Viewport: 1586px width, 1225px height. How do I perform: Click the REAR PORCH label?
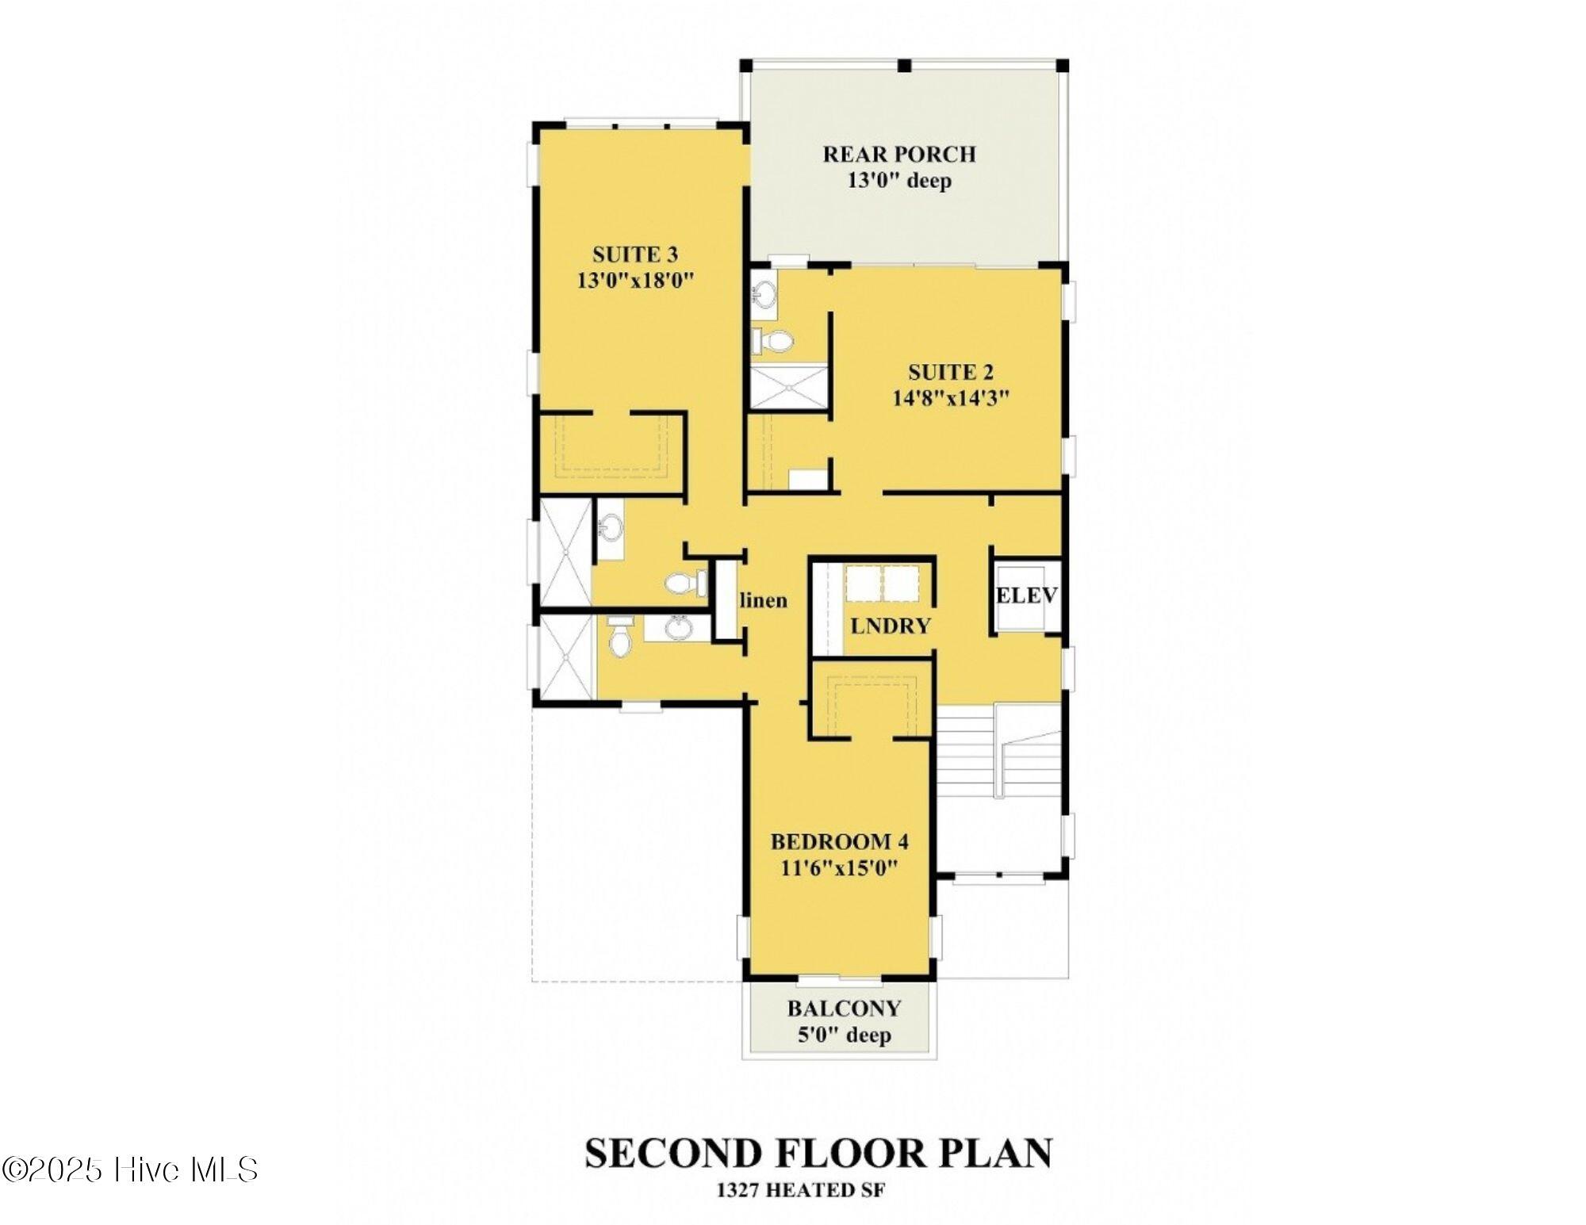[898, 154]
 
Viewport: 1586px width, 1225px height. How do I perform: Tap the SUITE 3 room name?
[635, 255]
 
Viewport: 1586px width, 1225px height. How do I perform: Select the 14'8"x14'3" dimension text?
[951, 397]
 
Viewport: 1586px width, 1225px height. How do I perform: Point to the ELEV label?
[1027, 595]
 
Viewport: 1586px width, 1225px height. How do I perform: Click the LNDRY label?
[890, 626]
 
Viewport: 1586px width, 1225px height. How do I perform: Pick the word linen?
[764, 600]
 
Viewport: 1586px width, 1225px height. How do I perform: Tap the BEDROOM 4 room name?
[840, 841]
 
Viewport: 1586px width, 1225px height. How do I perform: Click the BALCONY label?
[844, 1009]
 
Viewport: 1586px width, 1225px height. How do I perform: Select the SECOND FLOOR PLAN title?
[818, 1154]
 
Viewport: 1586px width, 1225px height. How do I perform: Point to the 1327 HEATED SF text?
[801, 1190]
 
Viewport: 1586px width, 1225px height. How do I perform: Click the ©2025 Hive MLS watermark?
[130, 1169]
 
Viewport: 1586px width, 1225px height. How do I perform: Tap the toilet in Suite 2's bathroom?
[772, 342]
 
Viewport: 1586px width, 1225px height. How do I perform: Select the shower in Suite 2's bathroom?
[789, 386]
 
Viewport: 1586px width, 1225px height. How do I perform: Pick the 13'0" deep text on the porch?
[899, 181]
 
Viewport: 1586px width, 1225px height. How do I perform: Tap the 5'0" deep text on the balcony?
[844, 1035]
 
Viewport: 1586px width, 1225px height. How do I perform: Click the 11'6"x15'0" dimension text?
[840, 867]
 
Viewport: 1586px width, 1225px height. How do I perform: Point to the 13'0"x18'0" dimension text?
[635, 281]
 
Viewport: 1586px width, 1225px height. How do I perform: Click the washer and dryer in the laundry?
[883, 584]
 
